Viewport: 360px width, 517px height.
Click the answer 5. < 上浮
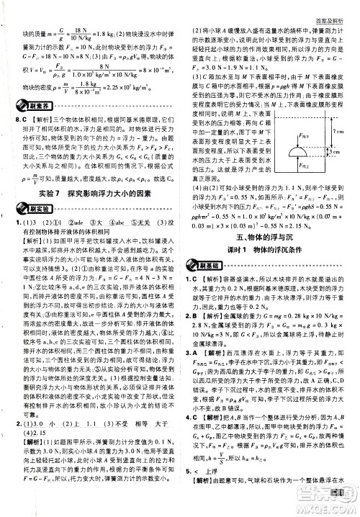coord(209,498)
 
